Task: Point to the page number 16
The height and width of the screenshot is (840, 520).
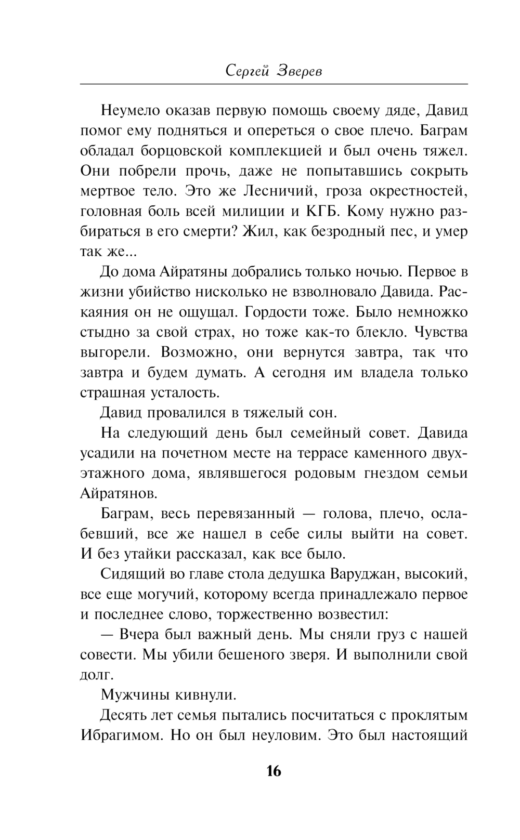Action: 274,771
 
